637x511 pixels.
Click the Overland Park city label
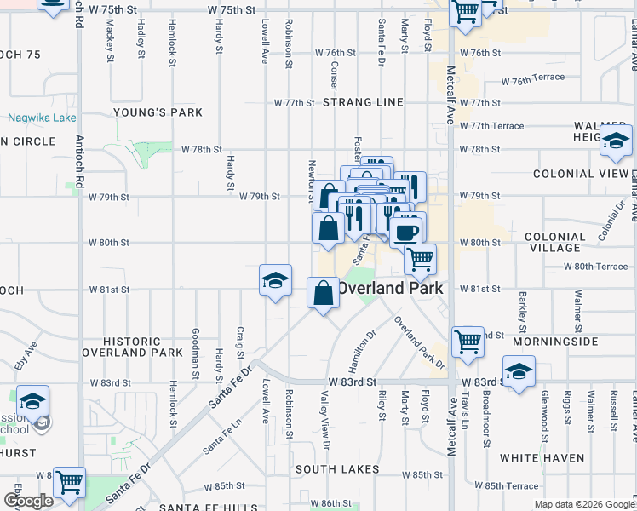[390, 288]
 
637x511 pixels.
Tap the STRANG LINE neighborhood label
[363, 102]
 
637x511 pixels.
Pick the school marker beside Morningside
[519, 371]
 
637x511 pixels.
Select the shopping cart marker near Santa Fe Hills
[69, 482]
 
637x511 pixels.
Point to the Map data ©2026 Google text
[583, 504]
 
